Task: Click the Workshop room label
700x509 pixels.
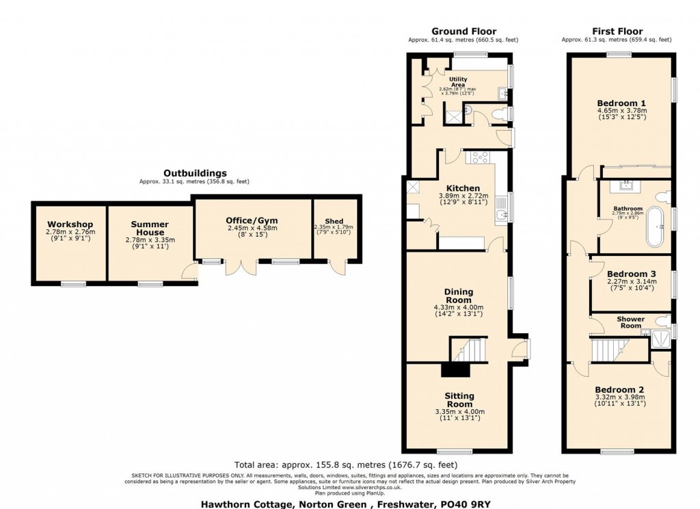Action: [70, 224]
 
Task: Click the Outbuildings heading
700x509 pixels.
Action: [195, 174]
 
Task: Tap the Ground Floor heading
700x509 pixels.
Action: [463, 31]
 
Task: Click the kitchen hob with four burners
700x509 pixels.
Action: [479, 157]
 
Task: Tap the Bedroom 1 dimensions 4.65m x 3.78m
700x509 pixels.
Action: [621, 111]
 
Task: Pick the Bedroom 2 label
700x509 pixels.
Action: [620, 389]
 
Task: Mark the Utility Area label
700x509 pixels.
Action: [457, 81]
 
